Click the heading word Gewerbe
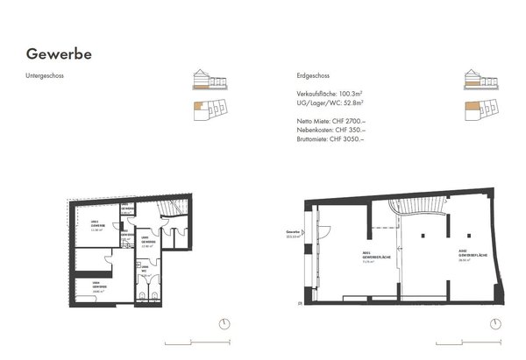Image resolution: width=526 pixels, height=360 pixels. pos(59,54)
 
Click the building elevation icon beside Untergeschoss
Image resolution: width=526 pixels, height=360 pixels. pos(210,81)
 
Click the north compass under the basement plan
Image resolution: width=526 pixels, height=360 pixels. pos(225,324)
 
